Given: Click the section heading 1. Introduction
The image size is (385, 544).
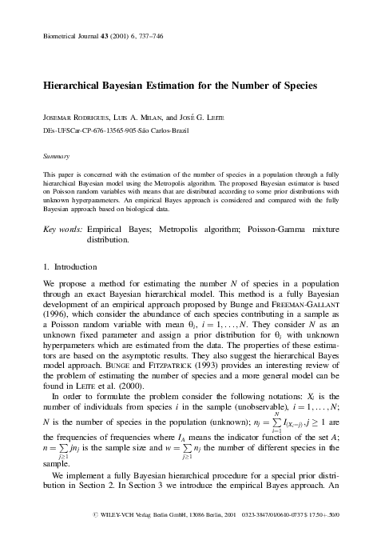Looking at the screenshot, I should click(70, 266).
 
